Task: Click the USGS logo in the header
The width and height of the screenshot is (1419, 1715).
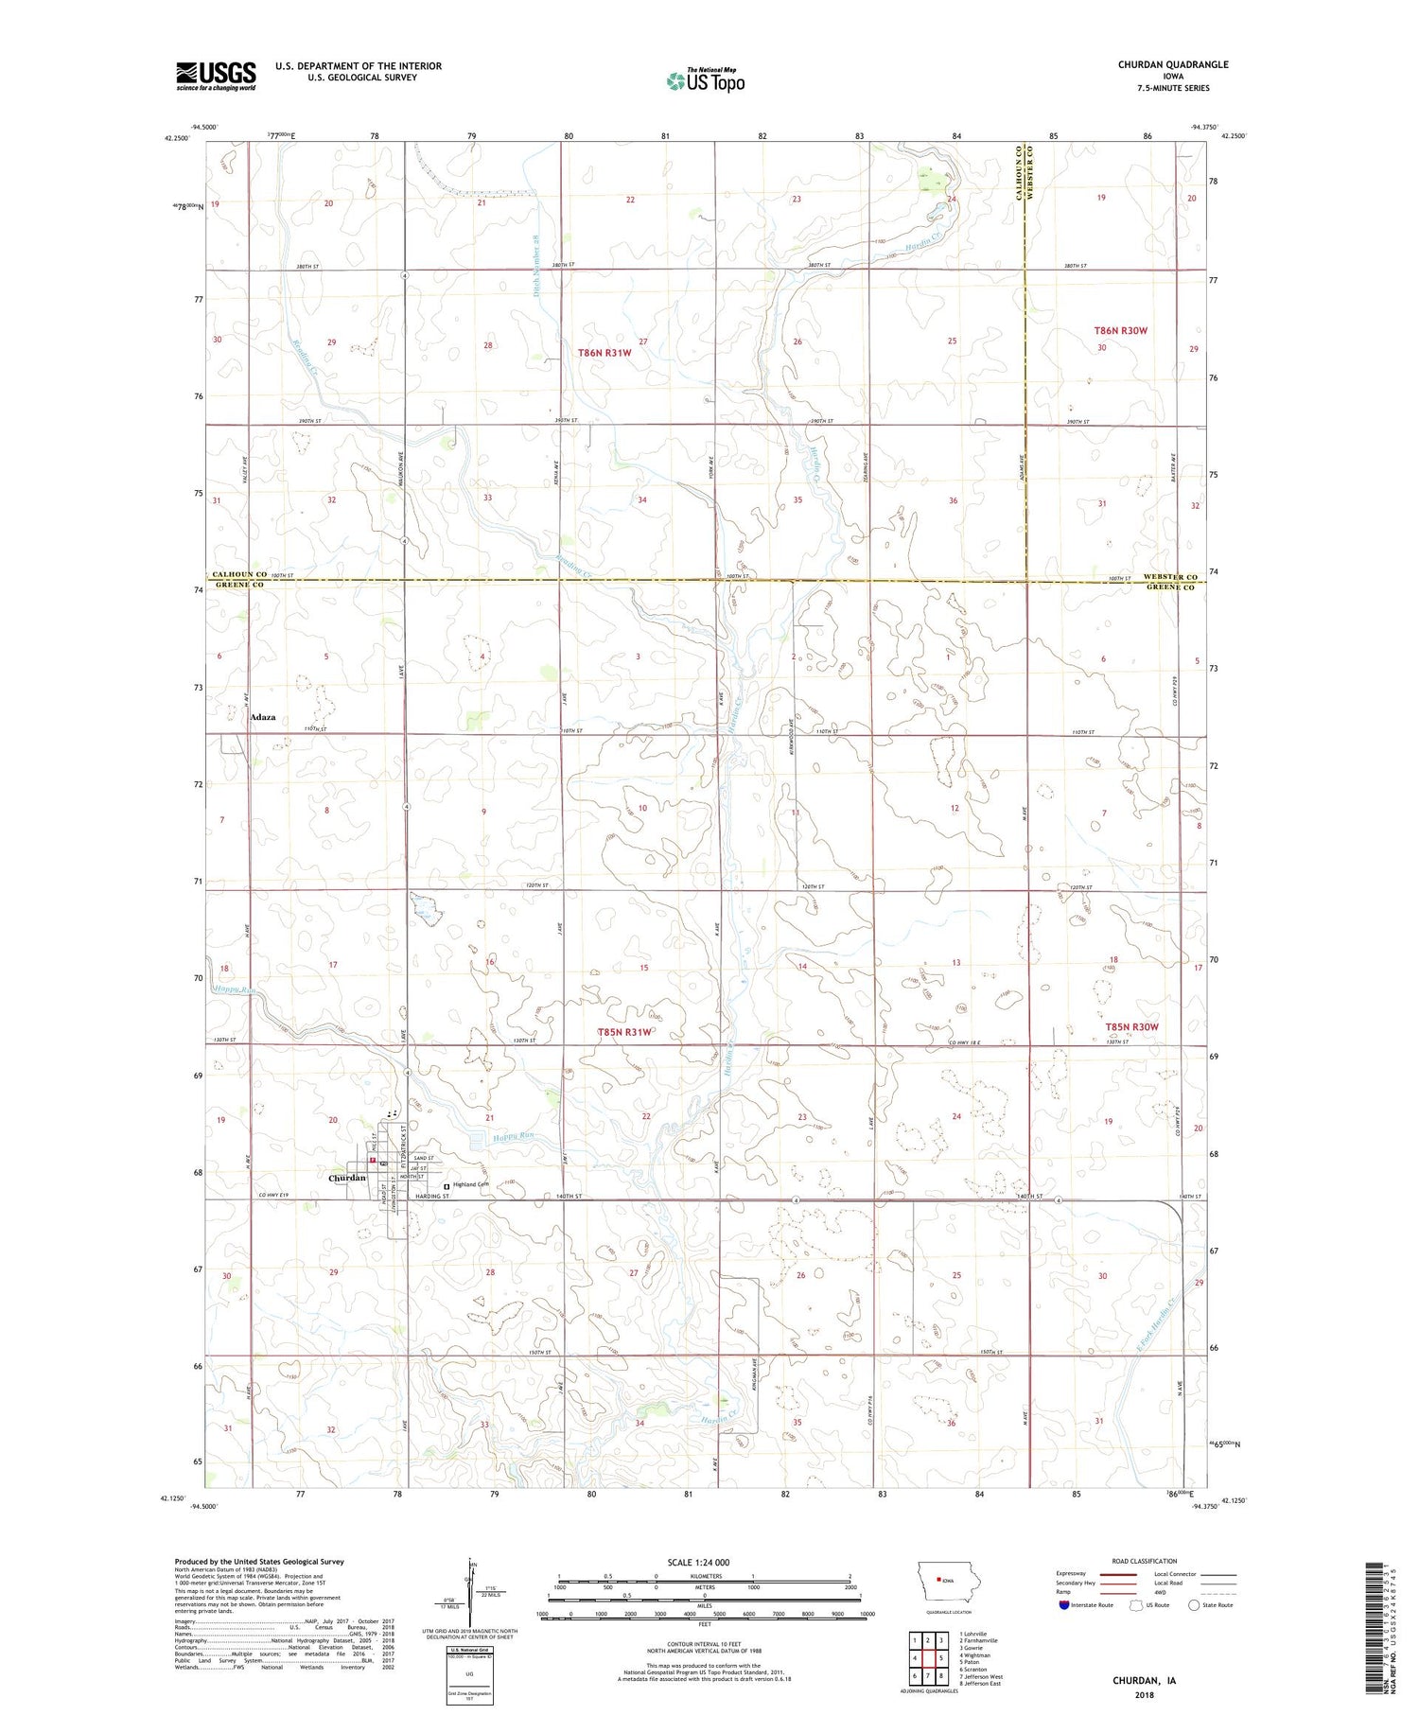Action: (216, 76)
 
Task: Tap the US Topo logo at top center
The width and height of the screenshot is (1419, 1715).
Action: (705, 81)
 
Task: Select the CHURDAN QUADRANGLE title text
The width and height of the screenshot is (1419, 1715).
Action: (1173, 64)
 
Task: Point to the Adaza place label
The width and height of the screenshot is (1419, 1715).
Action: (263, 717)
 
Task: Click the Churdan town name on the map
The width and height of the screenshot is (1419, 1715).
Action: (346, 1178)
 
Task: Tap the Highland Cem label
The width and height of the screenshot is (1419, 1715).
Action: (470, 1184)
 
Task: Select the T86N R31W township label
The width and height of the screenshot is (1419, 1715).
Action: (604, 353)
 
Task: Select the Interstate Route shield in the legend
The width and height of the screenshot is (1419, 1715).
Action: (1064, 1605)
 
